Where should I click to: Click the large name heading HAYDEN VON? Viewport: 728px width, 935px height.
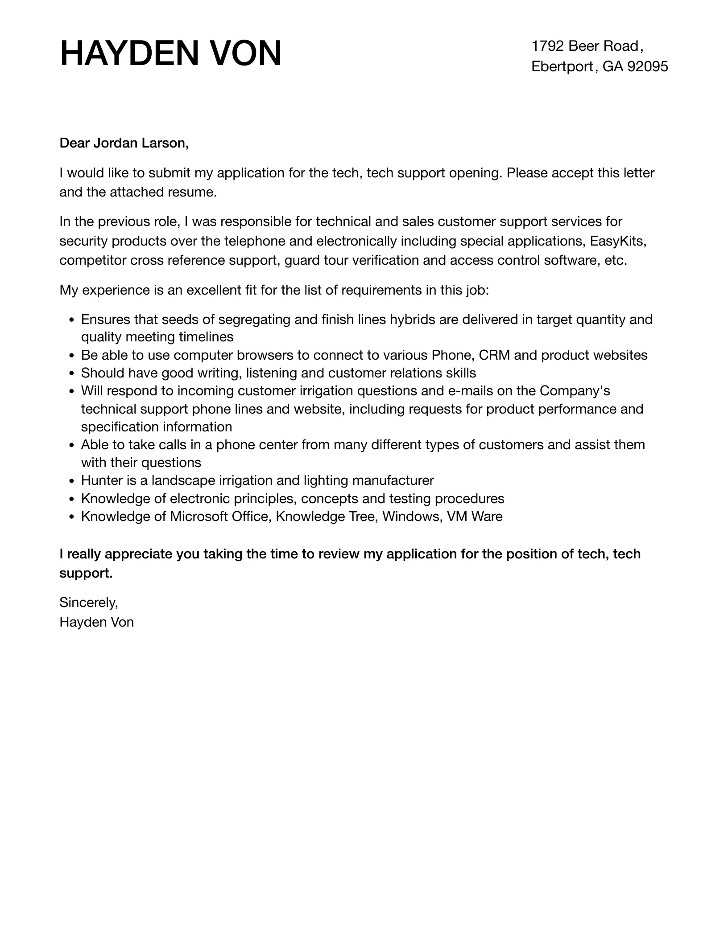click(x=170, y=54)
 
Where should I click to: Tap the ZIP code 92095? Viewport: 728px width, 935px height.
click(x=648, y=66)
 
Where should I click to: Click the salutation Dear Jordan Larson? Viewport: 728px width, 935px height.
click(x=124, y=143)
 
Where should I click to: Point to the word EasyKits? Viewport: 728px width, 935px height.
click(x=617, y=241)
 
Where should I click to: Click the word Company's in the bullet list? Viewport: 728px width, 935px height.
click(x=575, y=391)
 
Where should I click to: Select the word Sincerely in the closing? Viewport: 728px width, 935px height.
click(x=88, y=603)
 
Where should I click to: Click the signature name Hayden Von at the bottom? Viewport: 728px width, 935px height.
click(x=97, y=622)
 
